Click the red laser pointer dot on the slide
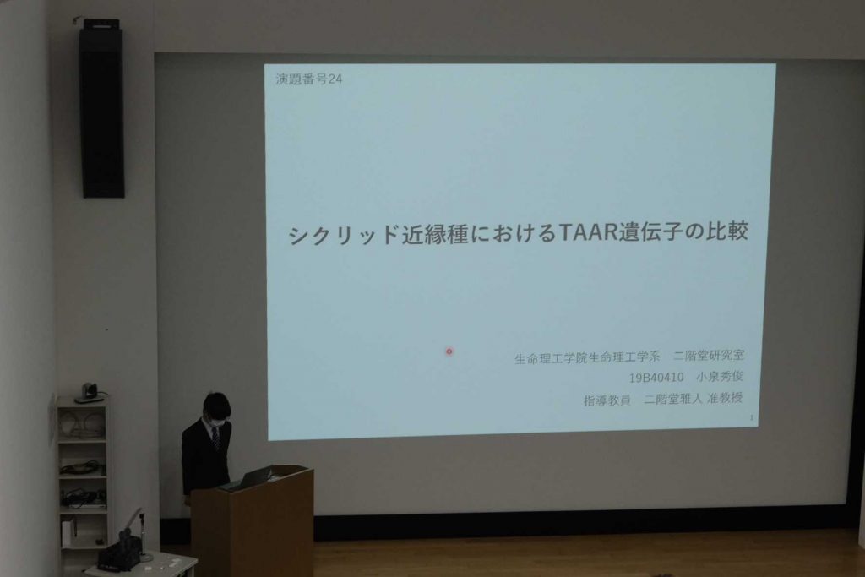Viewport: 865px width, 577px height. coord(449,351)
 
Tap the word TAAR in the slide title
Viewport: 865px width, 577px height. coord(588,232)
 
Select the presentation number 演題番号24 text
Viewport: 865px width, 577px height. coord(309,79)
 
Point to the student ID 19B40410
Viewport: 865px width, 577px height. coord(656,378)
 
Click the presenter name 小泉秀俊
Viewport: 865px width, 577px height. coord(720,377)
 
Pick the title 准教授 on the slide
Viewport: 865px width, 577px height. coord(725,398)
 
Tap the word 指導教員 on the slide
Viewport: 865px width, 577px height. coord(607,400)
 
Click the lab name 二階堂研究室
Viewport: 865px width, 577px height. coord(709,356)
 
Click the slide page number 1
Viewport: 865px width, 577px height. coord(751,417)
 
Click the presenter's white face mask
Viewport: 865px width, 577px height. coord(217,423)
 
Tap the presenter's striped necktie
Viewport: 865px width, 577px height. coord(215,438)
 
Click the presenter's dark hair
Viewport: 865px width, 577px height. coord(215,405)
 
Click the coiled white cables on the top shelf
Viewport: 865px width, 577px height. coord(82,423)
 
